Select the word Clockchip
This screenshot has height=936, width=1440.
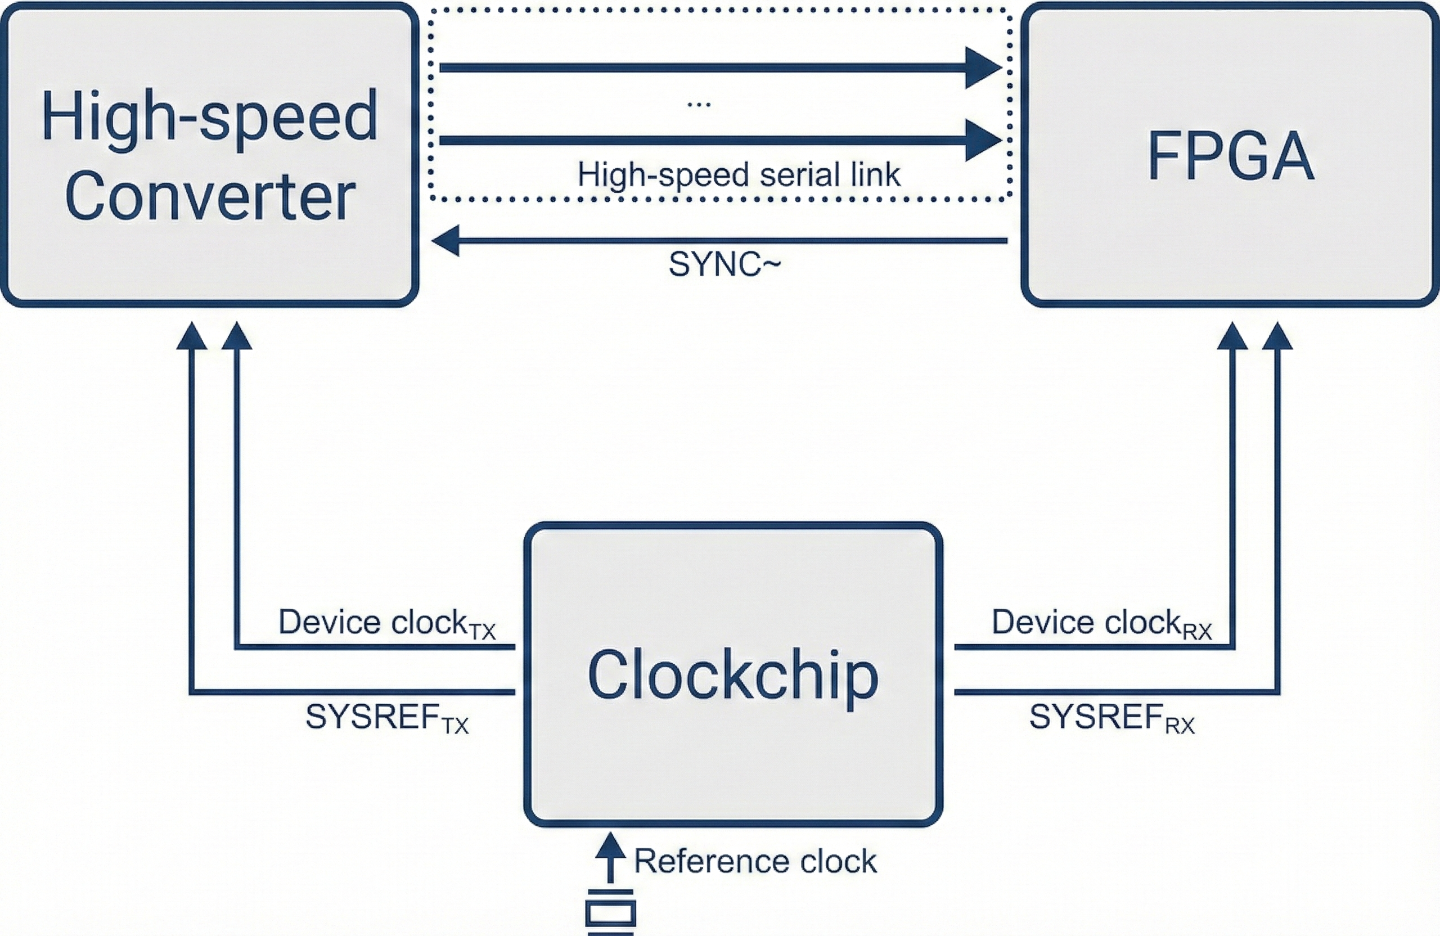pos(732,675)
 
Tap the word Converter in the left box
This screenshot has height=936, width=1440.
pos(210,197)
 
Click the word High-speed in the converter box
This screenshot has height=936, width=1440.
pos(209,116)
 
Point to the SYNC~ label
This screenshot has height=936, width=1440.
pos(724,264)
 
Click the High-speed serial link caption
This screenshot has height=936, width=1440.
pos(739,175)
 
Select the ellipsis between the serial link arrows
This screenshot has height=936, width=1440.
pos(699,105)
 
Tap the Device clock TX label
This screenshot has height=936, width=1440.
pos(386,623)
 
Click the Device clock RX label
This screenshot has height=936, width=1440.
pos(1101,623)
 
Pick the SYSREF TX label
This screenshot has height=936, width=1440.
pos(386,718)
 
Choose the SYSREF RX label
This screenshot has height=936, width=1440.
pos(1111,718)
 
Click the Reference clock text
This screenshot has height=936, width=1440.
pos(755,861)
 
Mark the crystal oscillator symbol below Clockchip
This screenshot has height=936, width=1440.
pos(610,912)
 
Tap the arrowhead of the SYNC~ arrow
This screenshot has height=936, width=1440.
pos(446,241)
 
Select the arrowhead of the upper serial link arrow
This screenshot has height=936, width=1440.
pos(982,67)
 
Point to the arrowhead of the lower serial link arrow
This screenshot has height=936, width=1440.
pos(982,141)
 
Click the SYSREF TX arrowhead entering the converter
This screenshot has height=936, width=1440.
pos(191,336)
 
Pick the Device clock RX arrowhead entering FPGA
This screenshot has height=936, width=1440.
pos(1232,336)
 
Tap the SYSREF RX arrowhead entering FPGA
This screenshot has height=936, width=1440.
pos(1277,336)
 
